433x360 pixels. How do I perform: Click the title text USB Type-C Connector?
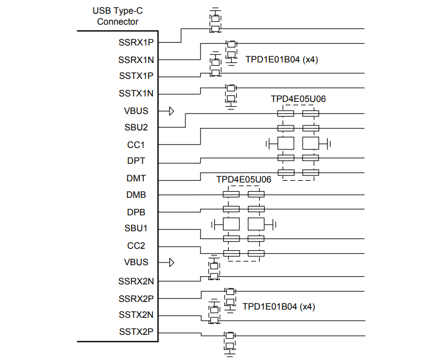tap(117, 16)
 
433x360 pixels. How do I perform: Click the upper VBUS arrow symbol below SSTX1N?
tap(171, 111)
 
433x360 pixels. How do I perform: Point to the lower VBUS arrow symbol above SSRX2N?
tap(171, 262)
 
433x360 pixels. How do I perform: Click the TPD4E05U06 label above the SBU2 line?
tap(298, 99)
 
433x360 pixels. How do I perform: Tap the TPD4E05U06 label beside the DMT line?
tap(244, 179)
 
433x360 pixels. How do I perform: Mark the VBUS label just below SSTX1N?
tap(136, 111)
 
